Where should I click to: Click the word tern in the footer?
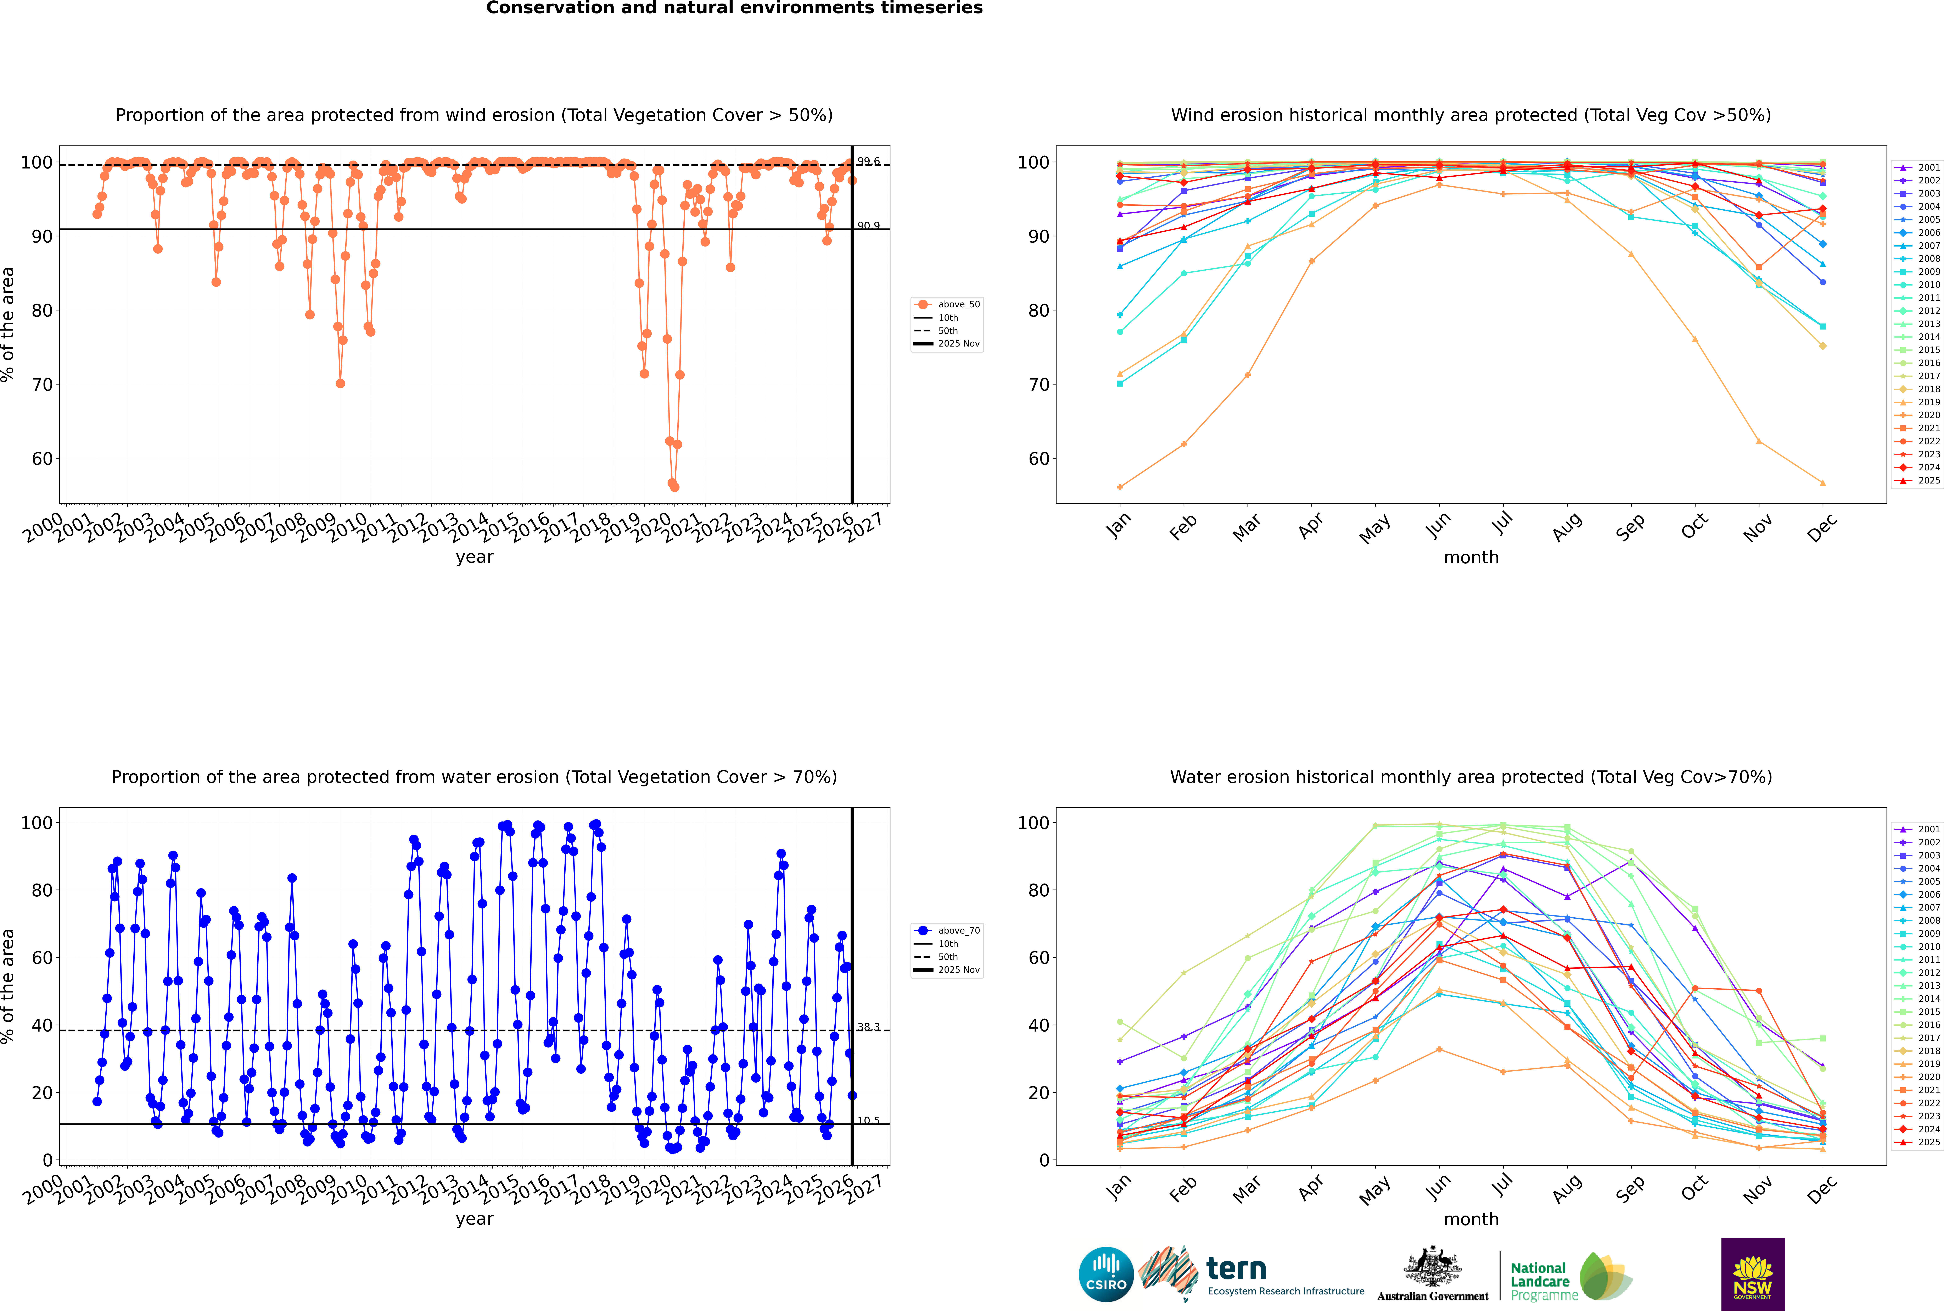coord(1236,1269)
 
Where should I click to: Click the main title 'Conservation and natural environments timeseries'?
coord(734,8)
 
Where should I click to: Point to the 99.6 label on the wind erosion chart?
coord(868,161)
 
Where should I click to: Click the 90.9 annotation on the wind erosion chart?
coord(868,226)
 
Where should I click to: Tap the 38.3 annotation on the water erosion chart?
coord(868,1027)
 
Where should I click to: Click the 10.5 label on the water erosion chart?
coord(868,1120)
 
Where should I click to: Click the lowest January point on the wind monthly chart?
coord(1120,487)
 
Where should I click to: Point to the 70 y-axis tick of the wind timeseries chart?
coord(42,385)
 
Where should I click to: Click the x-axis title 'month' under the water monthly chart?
coord(1471,1219)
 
